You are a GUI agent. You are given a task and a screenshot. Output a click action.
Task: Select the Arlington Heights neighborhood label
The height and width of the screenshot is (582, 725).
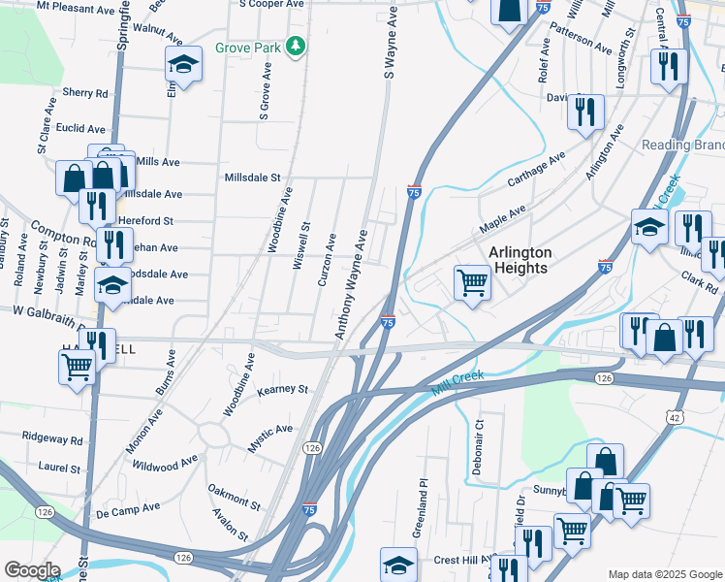(x=520, y=260)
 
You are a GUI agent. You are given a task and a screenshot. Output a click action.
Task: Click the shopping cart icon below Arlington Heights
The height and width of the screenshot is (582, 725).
(x=472, y=283)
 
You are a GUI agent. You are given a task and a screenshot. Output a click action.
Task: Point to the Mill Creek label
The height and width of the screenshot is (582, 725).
(x=458, y=381)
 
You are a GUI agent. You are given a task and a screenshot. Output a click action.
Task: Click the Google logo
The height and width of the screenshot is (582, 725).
(x=32, y=570)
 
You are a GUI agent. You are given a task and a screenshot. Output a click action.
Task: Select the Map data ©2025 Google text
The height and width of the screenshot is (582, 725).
(x=664, y=574)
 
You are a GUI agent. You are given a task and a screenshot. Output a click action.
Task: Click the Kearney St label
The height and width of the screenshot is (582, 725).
(x=283, y=390)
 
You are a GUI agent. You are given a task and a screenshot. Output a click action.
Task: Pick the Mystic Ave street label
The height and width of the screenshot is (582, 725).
(x=270, y=430)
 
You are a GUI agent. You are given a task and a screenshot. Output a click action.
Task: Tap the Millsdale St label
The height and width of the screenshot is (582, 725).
(x=252, y=178)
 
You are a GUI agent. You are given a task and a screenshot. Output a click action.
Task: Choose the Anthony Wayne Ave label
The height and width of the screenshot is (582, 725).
(x=352, y=284)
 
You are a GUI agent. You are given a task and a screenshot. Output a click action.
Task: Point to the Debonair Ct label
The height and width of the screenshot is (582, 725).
(x=479, y=436)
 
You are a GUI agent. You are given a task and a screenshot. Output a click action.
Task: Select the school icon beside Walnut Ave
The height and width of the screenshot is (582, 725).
(x=182, y=65)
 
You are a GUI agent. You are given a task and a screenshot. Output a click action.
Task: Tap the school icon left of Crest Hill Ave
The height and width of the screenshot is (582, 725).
(x=398, y=565)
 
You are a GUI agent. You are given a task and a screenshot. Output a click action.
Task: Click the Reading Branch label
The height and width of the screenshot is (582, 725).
(x=683, y=145)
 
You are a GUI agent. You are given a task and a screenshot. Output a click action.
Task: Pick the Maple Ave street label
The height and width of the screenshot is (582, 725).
(x=503, y=220)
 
